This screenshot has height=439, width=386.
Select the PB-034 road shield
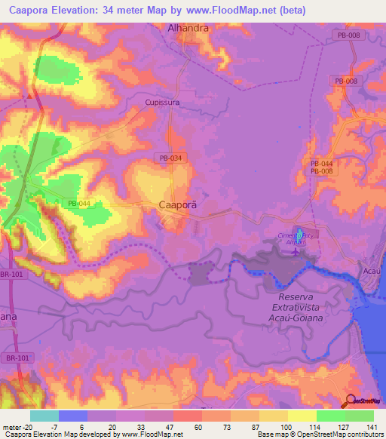coord(170,157)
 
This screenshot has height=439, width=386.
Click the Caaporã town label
coord(178,204)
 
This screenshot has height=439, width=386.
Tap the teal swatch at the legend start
coord(44,416)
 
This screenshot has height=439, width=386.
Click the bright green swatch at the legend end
coord(360,416)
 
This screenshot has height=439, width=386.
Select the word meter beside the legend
coord(12,426)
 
